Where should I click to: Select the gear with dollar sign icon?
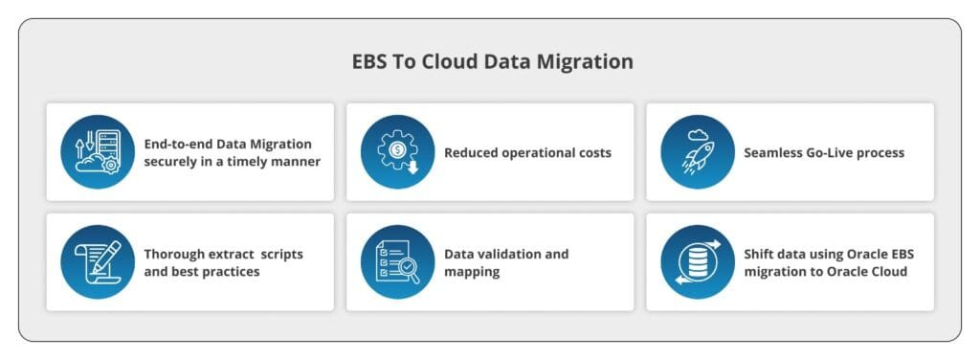coord(397,152)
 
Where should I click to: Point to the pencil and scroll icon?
coord(98,262)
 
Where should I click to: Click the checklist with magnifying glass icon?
coord(397,262)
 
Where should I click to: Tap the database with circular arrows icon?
coord(698,262)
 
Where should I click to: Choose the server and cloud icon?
coord(98,152)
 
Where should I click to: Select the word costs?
coord(594,153)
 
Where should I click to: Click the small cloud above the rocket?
coord(698,134)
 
